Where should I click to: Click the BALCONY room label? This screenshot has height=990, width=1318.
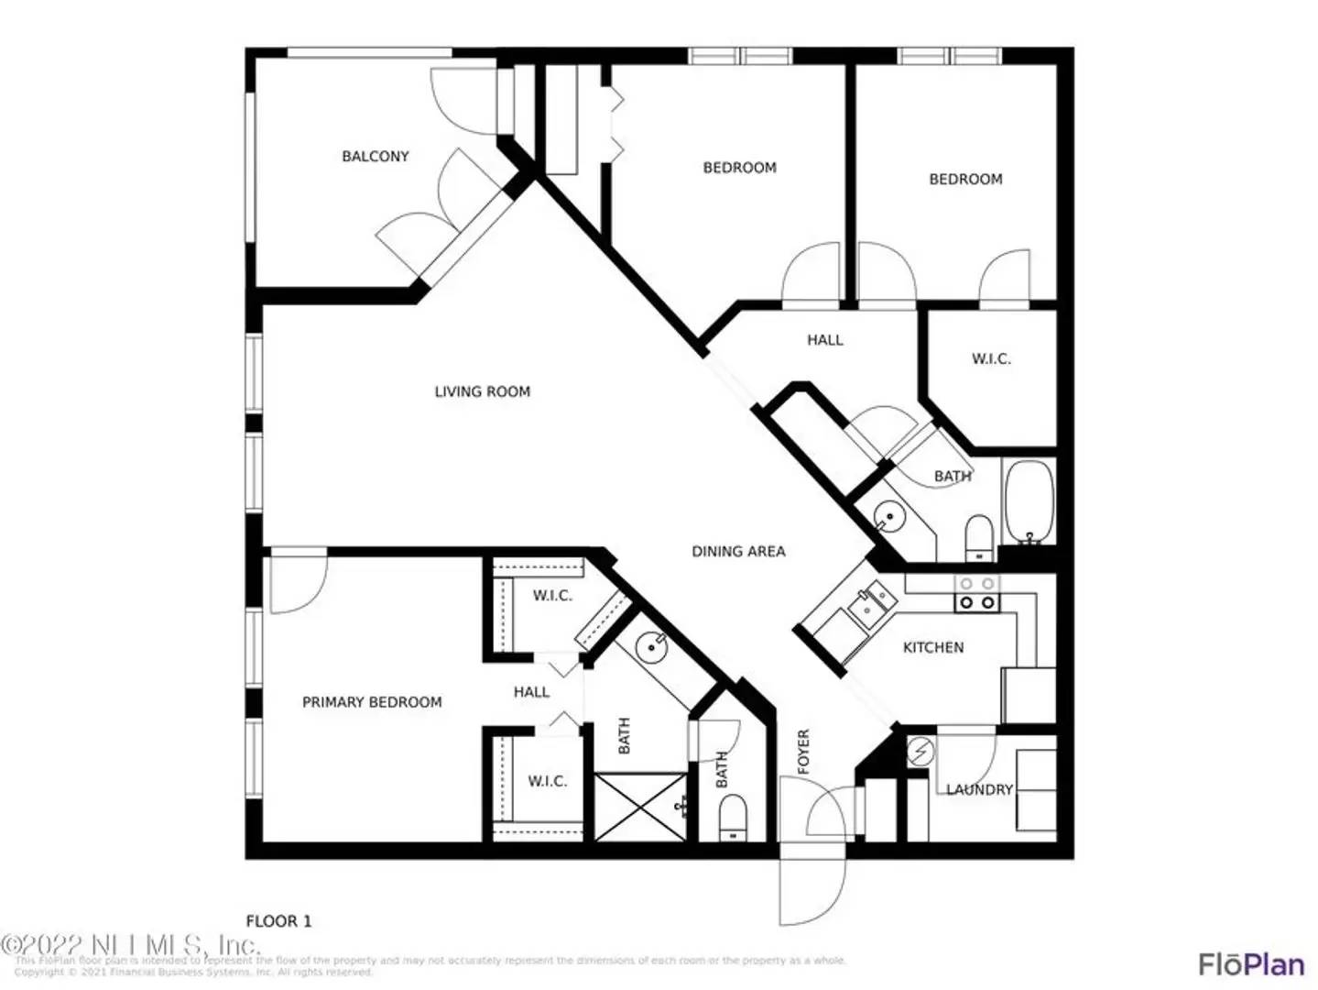pos(375,157)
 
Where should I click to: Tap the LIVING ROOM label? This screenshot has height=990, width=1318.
pos(482,392)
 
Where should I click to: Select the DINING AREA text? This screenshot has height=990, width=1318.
pos(738,552)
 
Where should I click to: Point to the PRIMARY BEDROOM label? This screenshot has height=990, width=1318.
pos(372,702)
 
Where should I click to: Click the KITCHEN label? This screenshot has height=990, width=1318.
pos(933,647)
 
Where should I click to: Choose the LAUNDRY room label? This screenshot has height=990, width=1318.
pos(979,789)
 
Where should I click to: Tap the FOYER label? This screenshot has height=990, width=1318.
pos(803,752)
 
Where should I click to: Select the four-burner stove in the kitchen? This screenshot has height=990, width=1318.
pos(976,593)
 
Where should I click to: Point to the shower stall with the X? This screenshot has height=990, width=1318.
pos(639,807)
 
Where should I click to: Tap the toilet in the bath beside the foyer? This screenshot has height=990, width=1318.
pos(733,816)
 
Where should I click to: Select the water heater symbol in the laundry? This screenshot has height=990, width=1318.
pos(920,753)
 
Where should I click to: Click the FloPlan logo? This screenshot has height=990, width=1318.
pos(1251,964)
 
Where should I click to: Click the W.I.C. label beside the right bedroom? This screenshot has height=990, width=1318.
pos(991,359)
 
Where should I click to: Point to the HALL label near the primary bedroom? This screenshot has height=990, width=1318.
pos(531,692)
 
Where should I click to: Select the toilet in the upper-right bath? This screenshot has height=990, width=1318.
pos(979,537)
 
